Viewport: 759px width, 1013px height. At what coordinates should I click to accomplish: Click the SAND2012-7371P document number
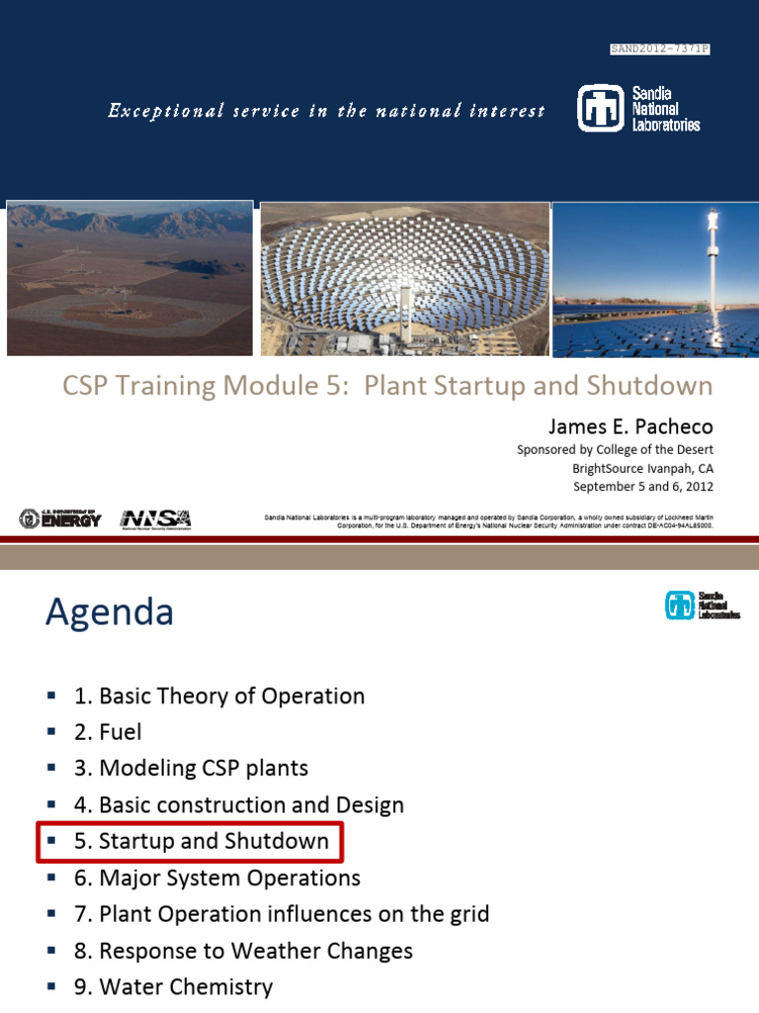pos(660,48)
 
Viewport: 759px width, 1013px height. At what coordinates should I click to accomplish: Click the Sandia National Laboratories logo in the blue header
pos(638,109)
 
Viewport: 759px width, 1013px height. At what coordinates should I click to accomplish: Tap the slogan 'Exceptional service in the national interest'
pos(326,111)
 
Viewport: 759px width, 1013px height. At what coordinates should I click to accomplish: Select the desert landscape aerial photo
pos(129,278)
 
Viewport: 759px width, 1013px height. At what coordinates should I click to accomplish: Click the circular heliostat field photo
pos(405,279)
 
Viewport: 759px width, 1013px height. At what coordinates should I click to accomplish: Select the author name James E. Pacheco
pos(631,426)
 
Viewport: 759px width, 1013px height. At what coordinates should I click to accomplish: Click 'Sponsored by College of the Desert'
pos(615,449)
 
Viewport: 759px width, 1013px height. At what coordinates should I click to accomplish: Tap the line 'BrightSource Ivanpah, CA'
pos(642,468)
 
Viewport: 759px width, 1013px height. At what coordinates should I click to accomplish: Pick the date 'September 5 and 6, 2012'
pos(643,487)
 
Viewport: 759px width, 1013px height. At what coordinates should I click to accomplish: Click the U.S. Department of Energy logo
pos(60,518)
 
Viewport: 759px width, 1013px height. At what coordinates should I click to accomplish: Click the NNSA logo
pos(155,518)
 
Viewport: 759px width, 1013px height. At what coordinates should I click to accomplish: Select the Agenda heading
pos(109,613)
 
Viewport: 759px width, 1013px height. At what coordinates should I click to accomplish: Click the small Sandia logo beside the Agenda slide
pos(703,604)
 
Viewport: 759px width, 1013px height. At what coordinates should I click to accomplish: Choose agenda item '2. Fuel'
pos(108,732)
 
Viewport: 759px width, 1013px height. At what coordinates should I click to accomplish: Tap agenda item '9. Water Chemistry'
pos(173,987)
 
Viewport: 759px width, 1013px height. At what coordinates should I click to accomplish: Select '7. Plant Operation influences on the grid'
pos(282,914)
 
